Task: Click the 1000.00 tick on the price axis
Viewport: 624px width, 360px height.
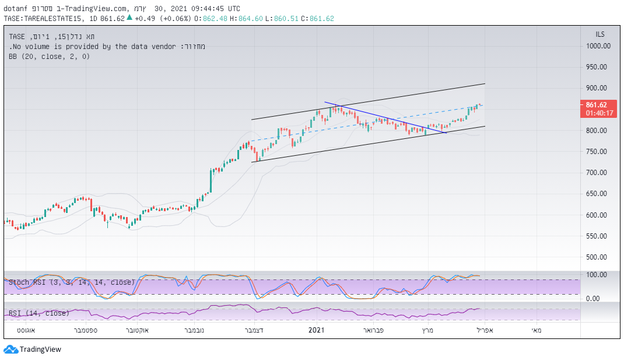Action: (x=598, y=46)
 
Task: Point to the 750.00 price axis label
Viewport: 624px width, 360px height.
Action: (x=598, y=152)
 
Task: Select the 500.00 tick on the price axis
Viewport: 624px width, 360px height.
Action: (x=598, y=257)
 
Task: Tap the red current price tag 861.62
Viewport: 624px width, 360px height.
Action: (x=598, y=104)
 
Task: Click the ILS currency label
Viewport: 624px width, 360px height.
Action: (x=600, y=34)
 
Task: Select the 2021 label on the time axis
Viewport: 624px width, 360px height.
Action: (x=316, y=330)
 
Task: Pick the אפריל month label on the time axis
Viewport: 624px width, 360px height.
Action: (x=485, y=330)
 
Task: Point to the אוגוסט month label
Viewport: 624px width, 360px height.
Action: (x=24, y=330)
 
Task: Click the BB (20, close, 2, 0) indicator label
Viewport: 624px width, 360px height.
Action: (x=49, y=57)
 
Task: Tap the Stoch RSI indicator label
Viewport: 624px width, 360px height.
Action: (x=72, y=282)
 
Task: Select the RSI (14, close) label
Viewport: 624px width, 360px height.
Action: (x=39, y=313)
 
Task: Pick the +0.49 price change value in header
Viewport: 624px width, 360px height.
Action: (x=143, y=19)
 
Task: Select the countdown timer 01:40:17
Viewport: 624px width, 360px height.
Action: (x=598, y=113)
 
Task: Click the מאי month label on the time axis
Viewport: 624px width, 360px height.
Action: (x=537, y=330)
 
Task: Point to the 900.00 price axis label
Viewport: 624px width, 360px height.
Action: (x=598, y=88)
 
